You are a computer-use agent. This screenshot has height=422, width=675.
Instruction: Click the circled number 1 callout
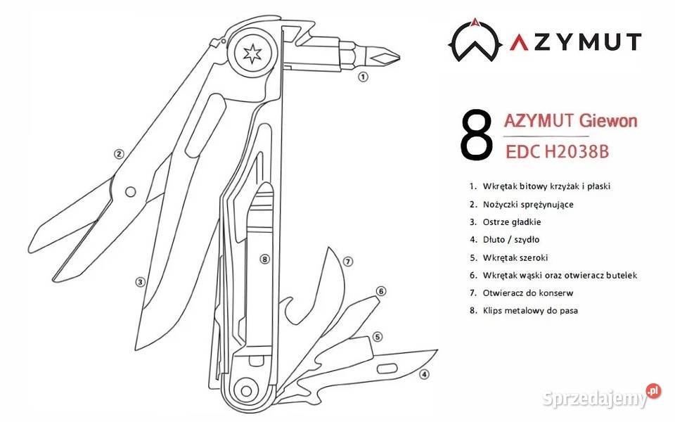point(364,77)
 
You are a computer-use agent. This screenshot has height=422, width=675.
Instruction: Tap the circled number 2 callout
point(119,154)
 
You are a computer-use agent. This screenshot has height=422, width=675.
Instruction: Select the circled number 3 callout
point(140,282)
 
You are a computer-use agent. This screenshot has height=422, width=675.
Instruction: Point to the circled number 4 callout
point(425,374)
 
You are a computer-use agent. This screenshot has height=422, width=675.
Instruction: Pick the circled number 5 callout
point(378,336)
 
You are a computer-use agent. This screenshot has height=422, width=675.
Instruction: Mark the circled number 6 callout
point(381,291)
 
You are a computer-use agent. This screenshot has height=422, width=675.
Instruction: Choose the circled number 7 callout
point(348,262)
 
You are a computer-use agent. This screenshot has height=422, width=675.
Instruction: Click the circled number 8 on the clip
point(265,259)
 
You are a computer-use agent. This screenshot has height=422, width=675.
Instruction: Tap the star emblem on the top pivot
point(252,53)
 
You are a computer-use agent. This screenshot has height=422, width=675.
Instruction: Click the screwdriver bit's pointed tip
point(400,56)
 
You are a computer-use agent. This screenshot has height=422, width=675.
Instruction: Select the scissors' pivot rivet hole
point(131,192)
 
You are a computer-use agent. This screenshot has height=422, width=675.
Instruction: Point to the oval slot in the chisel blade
point(387,369)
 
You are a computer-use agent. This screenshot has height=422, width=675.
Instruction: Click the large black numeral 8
point(476,135)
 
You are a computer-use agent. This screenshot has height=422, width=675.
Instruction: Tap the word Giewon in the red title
point(607,120)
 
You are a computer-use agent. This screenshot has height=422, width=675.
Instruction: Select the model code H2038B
point(577,152)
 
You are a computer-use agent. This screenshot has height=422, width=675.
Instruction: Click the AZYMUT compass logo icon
point(475,41)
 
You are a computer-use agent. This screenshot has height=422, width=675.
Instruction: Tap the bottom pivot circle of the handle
point(246,391)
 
